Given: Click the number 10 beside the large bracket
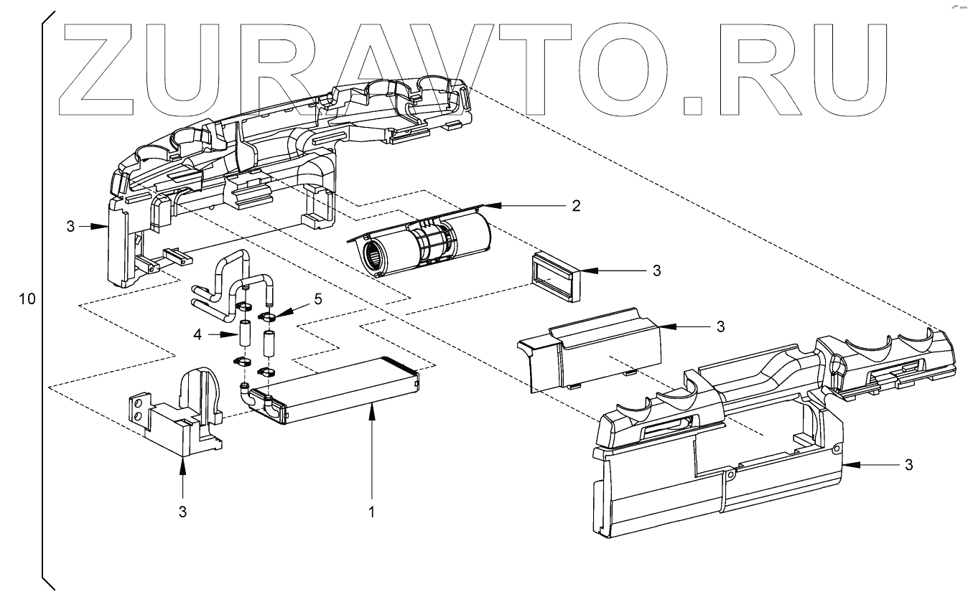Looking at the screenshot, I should [x=27, y=299].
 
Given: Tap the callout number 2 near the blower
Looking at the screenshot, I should [x=575, y=206].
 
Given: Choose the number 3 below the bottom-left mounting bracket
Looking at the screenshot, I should [x=182, y=512].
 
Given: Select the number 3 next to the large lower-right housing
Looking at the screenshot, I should [x=908, y=465].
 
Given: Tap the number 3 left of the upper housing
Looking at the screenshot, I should [x=70, y=226].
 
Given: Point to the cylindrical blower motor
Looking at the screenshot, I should [x=424, y=245].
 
